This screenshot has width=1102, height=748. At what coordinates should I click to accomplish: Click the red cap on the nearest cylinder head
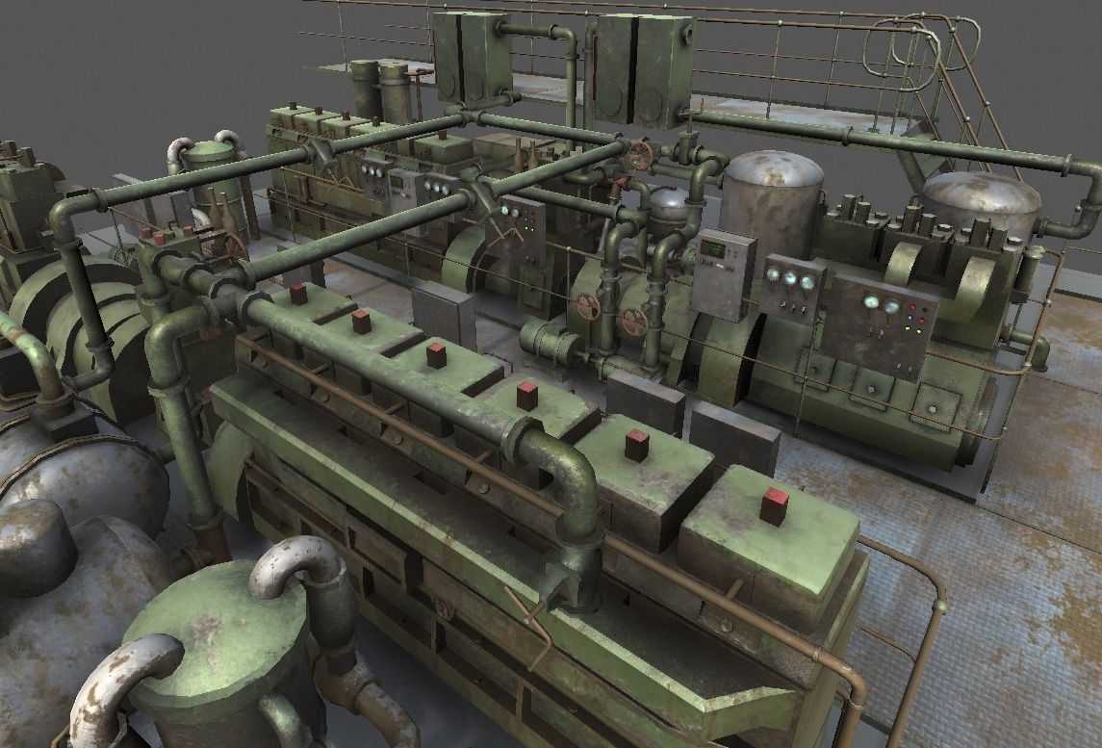(775, 505)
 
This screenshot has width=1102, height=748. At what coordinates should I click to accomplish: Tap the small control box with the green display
(722, 273)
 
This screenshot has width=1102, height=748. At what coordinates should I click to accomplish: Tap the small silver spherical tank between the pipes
(668, 205)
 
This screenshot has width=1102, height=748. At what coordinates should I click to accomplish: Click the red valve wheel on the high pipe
(639, 152)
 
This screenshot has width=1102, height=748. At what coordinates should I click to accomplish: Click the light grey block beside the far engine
(443, 314)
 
